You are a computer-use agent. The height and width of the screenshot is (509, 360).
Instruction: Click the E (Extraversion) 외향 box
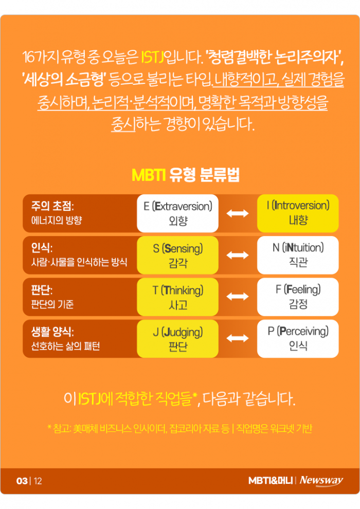(177, 213)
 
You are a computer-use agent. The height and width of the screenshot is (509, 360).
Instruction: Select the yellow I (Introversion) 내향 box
(298, 213)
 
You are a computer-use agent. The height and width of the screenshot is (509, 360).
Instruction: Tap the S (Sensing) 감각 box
(177, 255)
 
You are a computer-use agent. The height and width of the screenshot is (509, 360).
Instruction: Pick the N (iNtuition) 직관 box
(298, 255)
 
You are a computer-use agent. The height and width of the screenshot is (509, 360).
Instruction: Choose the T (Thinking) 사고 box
(177, 297)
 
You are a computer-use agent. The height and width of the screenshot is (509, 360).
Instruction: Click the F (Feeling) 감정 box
(298, 297)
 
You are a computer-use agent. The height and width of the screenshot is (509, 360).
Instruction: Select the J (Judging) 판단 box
(177, 338)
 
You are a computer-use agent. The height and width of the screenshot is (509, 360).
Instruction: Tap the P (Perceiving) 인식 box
(298, 338)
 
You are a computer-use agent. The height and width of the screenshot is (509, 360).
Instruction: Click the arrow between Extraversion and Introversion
(238, 213)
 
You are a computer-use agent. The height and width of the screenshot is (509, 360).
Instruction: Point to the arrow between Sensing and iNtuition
(238, 255)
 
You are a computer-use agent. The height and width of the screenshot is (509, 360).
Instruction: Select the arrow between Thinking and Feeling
(238, 297)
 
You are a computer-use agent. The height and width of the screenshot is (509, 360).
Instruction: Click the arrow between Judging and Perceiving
(238, 338)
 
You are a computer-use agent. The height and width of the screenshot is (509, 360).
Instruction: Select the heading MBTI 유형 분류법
(179, 175)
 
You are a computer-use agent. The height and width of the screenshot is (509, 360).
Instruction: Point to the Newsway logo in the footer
(321, 481)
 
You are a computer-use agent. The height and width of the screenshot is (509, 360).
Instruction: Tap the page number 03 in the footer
(22, 481)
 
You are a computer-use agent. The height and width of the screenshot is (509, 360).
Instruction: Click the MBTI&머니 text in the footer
(271, 481)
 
